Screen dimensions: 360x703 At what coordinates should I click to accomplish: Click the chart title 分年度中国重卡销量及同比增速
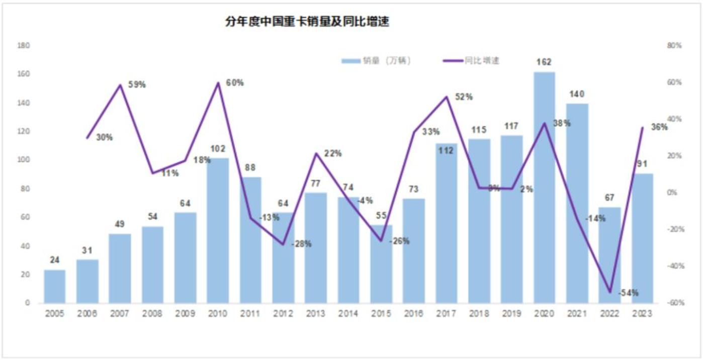(x=307, y=22)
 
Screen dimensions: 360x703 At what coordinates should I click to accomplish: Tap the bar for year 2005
(x=54, y=287)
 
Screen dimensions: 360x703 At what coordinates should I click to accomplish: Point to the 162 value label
(x=544, y=62)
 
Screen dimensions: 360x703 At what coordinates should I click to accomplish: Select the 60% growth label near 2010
(x=234, y=83)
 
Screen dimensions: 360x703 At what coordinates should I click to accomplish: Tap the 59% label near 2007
(x=136, y=85)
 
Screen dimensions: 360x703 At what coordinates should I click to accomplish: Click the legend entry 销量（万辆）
(x=377, y=61)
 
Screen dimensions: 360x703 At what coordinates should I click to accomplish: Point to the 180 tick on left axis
(x=24, y=46)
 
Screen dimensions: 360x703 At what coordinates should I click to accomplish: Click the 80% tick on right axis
(x=674, y=46)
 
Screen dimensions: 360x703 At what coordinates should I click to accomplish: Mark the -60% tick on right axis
(x=674, y=303)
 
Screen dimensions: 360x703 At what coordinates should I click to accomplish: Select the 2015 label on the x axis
(x=381, y=314)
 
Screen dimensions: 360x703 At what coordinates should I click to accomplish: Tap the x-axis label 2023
(x=642, y=314)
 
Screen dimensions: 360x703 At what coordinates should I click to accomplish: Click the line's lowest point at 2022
(x=609, y=292)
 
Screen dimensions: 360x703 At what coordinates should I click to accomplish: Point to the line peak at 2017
(x=446, y=97)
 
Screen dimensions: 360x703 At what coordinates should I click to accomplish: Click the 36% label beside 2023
(x=659, y=127)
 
